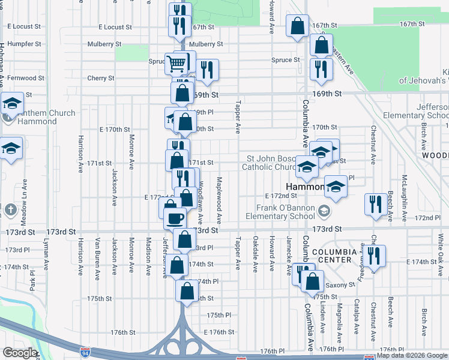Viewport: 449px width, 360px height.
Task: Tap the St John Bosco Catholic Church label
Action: pos(269,163)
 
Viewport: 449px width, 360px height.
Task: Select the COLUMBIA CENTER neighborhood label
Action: pos(329,255)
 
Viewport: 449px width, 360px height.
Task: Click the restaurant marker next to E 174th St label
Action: pos(375,256)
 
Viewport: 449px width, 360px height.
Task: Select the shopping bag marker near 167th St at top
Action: pos(297,26)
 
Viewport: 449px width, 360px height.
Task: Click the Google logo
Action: pos(19,353)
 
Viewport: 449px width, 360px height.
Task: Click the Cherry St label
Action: pos(100,78)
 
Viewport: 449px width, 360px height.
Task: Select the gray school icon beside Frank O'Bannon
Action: pos(324,211)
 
